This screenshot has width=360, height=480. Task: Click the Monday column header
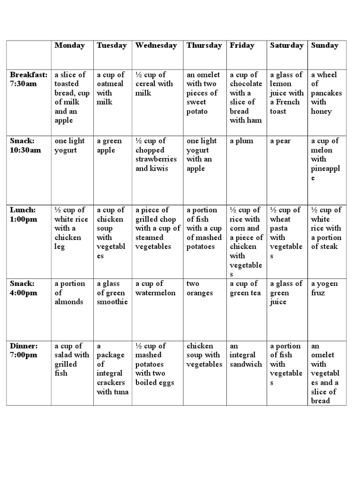pyautogui.click(x=69, y=45)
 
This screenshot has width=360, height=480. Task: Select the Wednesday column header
pyautogui.click(x=156, y=45)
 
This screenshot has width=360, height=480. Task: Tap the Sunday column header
pyautogui.click(x=324, y=45)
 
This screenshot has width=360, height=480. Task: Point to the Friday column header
pyautogui.click(x=242, y=45)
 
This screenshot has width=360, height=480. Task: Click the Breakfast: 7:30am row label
pyautogui.click(x=29, y=79)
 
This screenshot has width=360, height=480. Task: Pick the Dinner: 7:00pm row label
pyautogui.click(x=23, y=350)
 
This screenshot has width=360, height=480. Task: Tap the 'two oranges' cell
pyautogui.click(x=200, y=288)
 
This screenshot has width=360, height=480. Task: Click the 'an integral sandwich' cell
pyautogui.click(x=246, y=355)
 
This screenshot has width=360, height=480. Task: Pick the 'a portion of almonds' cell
pyautogui.click(x=69, y=293)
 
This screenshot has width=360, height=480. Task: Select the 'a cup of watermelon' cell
pyautogui.click(x=156, y=288)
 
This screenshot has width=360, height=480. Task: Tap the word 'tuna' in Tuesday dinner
pyautogui.click(x=119, y=392)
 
